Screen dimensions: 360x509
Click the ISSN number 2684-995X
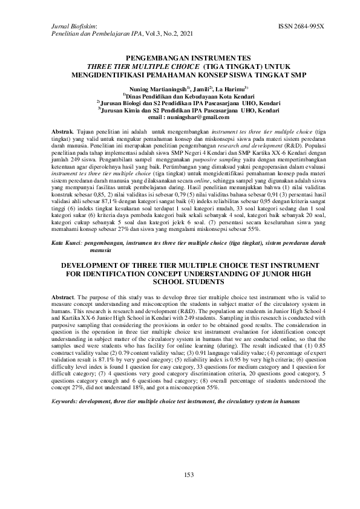coord(301,27)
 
